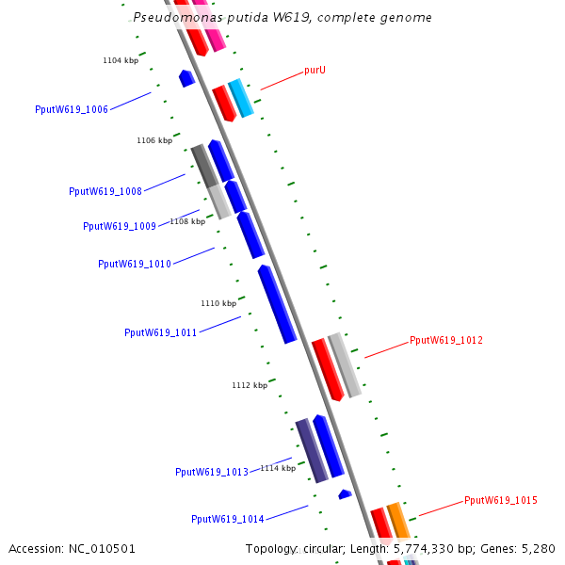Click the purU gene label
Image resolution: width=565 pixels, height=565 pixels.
tap(315, 71)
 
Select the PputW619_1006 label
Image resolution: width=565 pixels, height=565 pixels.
tap(72, 109)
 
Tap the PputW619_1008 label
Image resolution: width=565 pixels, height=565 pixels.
tap(105, 191)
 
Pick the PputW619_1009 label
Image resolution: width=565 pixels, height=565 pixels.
tap(120, 226)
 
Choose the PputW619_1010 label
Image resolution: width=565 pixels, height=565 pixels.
tap(135, 264)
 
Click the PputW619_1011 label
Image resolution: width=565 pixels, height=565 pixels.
tap(161, 332)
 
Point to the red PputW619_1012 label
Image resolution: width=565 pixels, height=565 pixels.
tap(446, 340)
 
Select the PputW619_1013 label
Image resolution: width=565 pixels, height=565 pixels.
tap(212, 472)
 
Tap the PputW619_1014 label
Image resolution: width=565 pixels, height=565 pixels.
tap(228, 519)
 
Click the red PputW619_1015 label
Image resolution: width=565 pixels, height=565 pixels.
tap(501, 500)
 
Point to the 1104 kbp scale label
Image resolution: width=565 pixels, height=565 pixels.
tap(121, 60)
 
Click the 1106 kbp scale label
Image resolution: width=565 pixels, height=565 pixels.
tap(154, 140)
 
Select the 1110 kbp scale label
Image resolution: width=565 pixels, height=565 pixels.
tap(218, 303)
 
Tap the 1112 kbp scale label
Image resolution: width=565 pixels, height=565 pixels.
tap(250, 385)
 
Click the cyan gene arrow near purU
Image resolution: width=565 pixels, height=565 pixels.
tap(241, 98)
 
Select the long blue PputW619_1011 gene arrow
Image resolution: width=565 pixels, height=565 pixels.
tap(277, 303)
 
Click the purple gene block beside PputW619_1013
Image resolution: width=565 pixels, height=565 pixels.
tap(311, 450)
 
